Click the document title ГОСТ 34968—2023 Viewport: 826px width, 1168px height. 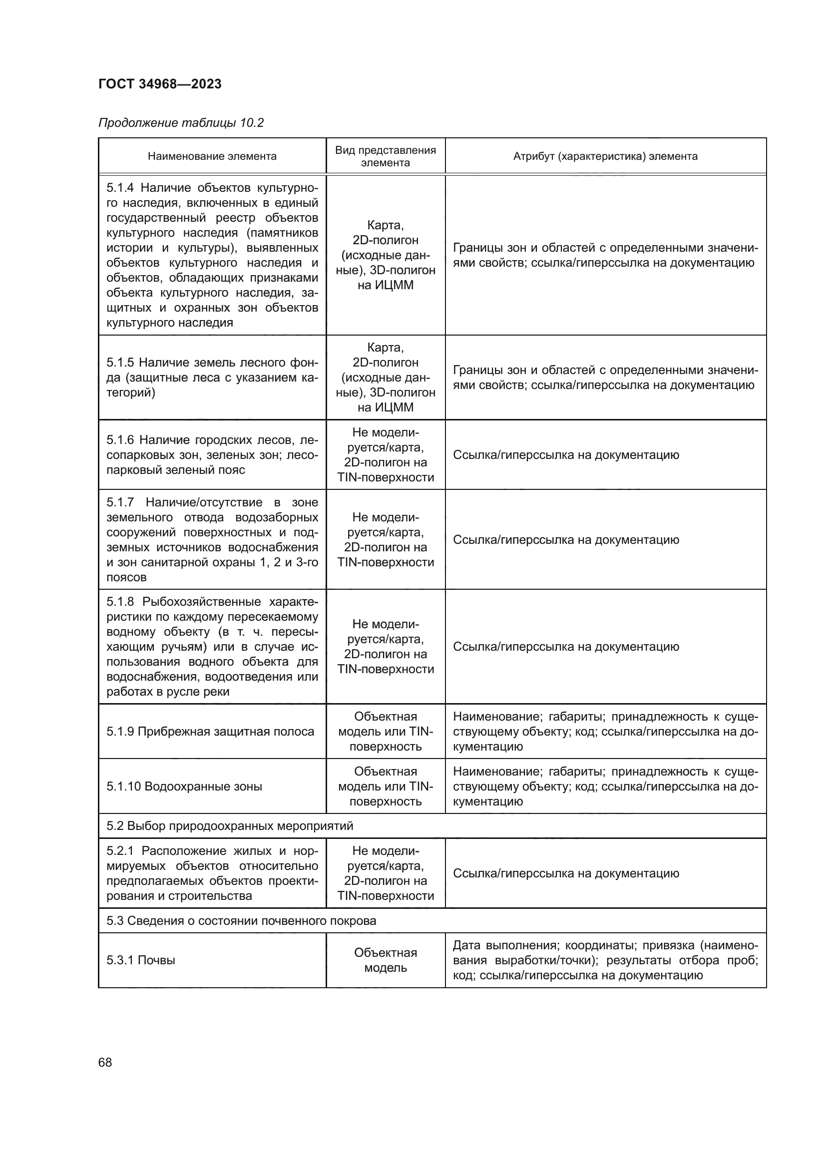160,84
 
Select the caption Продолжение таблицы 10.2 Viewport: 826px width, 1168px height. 181,123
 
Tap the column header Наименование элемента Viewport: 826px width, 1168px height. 212,156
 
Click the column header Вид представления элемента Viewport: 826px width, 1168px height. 385,156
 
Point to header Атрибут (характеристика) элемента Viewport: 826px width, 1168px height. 605,156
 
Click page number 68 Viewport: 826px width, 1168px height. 105,1062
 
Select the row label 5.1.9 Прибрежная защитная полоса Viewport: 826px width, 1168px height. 210,732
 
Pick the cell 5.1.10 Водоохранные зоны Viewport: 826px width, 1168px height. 184,786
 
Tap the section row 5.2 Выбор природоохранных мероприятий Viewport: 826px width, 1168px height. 229,825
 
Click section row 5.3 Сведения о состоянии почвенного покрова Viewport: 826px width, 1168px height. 241,920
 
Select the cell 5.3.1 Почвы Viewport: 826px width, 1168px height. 141,960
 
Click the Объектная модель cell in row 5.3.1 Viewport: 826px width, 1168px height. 385,960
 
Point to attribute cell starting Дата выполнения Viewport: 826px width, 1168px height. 605,960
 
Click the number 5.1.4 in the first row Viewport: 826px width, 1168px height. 120,188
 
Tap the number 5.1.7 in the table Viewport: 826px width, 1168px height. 120,502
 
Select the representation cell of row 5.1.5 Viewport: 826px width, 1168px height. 385,377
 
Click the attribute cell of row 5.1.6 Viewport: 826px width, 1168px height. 566,455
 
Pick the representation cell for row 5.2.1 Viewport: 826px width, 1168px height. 385,873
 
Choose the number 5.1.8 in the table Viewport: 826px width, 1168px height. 120,602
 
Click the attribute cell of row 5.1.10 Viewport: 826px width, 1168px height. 605,786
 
